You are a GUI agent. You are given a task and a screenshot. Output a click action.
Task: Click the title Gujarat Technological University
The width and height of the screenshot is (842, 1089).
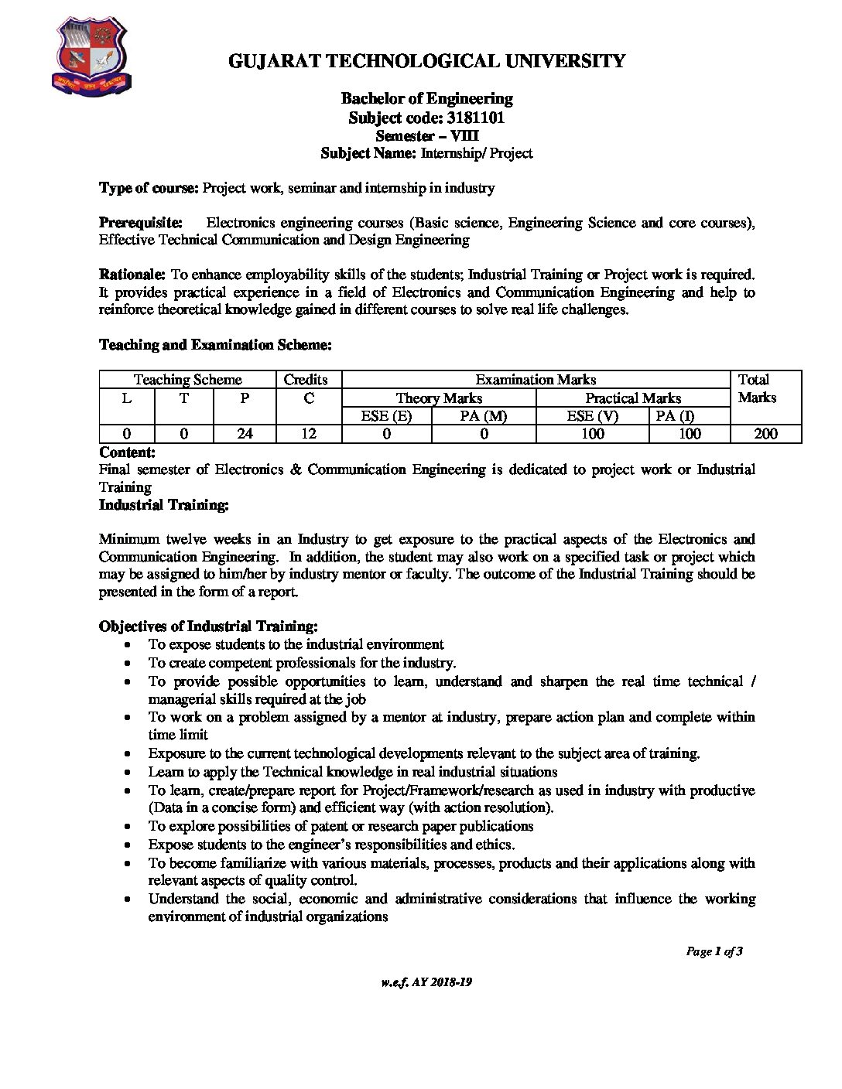point(426,61)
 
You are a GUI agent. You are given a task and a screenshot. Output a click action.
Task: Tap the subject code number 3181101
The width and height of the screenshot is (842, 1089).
point(476,118)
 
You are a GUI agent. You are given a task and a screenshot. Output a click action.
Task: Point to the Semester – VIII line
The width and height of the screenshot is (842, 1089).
point(426,135)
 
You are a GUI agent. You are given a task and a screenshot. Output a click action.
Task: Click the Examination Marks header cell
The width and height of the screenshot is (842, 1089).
point(536,380)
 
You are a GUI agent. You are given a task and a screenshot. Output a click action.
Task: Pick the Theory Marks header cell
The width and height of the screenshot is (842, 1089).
point(439,398)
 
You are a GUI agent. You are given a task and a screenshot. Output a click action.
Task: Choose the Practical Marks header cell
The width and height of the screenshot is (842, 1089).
point(633,398)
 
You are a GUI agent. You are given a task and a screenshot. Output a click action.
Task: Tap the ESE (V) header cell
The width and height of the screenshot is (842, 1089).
point(592,416)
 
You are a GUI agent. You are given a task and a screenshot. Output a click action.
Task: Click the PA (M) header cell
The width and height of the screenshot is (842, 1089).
point(484,416)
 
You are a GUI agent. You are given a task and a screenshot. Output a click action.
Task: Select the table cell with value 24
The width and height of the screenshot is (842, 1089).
point(245,434)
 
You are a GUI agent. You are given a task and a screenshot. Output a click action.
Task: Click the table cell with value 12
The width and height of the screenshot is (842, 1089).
point(309,434)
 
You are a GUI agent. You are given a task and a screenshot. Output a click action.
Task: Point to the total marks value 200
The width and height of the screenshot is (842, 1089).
point(765,434)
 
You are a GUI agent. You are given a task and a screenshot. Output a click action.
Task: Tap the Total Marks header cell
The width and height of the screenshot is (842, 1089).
point(757,389)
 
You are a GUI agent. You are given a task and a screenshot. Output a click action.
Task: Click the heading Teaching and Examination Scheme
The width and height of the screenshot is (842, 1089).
point(215,345)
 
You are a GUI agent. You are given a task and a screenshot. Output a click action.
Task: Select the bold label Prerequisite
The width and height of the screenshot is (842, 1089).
point(141,223)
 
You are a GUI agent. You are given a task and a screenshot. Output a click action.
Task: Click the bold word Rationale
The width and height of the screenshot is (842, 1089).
point(132,275)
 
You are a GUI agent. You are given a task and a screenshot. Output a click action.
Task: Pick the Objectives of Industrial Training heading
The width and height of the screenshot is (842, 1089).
point(208,626)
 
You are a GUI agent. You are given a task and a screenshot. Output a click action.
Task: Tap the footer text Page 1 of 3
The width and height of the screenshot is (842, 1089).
point(714,951)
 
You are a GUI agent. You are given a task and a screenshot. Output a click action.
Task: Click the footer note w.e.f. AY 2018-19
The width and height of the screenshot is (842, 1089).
point(426,982)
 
